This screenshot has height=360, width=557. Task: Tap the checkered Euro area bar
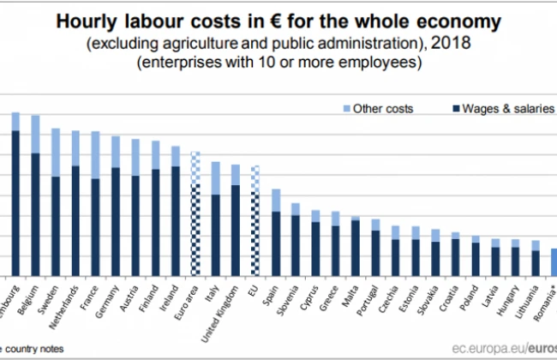coord(195,213)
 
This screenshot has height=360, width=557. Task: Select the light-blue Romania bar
coord(553,262)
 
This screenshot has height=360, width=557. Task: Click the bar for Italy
coord(215,219)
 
